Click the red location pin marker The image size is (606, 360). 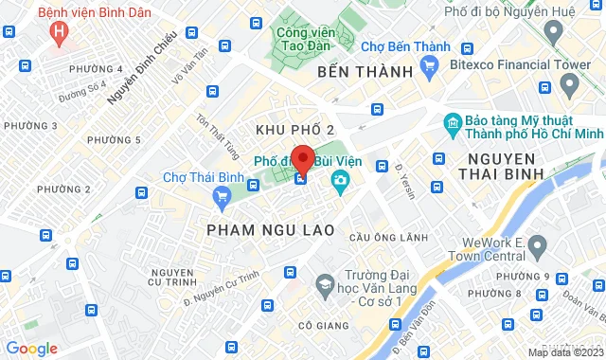coord(303,158)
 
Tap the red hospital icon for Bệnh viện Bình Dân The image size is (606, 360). coord(62,32)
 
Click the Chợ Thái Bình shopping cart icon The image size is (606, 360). coord(223,196)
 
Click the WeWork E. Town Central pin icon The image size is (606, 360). coord(537,249)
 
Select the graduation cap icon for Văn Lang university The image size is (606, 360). coord(325,284)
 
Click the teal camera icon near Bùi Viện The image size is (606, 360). coord(340,178)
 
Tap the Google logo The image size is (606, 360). coord(31,349)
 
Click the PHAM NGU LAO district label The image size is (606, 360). coord(258,229)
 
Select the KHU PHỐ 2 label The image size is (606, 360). coord(295,128)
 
